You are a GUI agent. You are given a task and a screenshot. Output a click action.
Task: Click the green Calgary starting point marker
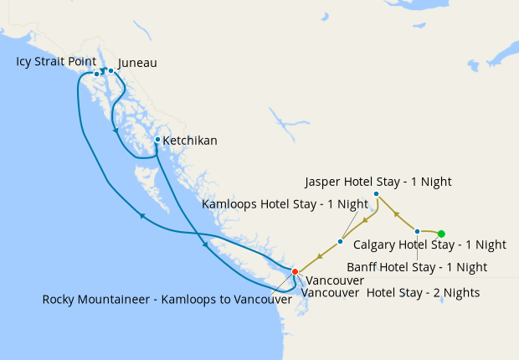pyautogui.click(x=441, y=234)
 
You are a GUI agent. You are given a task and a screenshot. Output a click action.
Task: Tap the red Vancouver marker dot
pyautogui.click(x=295, y=270)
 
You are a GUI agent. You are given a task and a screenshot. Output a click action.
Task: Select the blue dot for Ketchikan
pyautogui.click(x=157, y=139)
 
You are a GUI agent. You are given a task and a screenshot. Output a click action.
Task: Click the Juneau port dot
pyautogui.click(x=110, y=71)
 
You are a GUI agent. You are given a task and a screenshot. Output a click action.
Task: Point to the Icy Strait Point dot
pyautogui.click(x=97, y=75)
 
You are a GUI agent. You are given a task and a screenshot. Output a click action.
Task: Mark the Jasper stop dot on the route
pyautogui.click(x=376, y=194)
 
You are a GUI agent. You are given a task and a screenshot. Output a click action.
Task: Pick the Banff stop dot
pyautogui.click(x=417, y=231)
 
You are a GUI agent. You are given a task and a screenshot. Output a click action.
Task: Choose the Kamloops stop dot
pyautogui.click(x=340, y=242)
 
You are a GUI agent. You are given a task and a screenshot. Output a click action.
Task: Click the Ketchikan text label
pyautogui.click(x=190, y=141)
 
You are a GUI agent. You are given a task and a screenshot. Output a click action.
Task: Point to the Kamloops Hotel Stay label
pyautogui.click(x=285, y=203)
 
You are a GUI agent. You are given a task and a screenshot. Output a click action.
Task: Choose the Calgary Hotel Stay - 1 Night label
pyautogui.click(x=429, y=245)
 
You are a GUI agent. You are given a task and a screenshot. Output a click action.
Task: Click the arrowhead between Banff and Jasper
pyautogui.click(x=395, y=213)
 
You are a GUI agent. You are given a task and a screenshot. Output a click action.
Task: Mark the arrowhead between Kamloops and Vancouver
pyautogui.click(x=318, y=257)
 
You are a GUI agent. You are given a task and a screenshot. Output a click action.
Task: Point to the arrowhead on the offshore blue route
pyautogui.click(x=142, y=216)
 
